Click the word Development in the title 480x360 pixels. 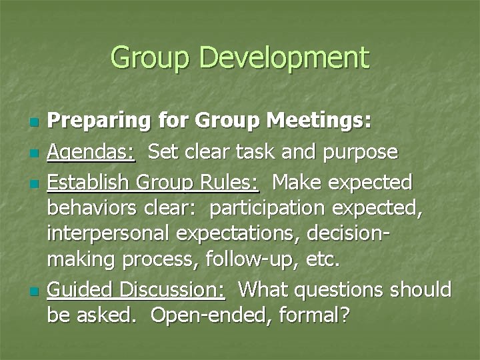(285, 58)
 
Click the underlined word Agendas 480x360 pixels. (91, 153)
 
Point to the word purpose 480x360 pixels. (360, 153)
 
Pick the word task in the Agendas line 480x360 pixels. (259, 152)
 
